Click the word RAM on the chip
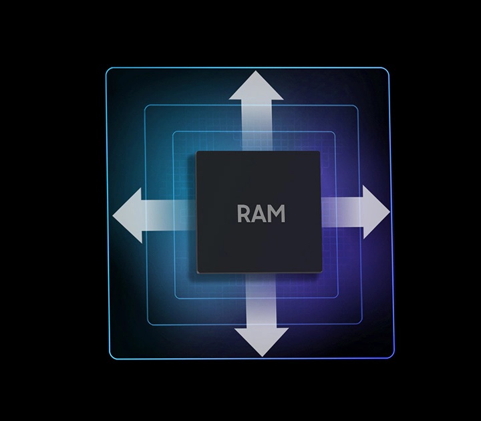point(261,214)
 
